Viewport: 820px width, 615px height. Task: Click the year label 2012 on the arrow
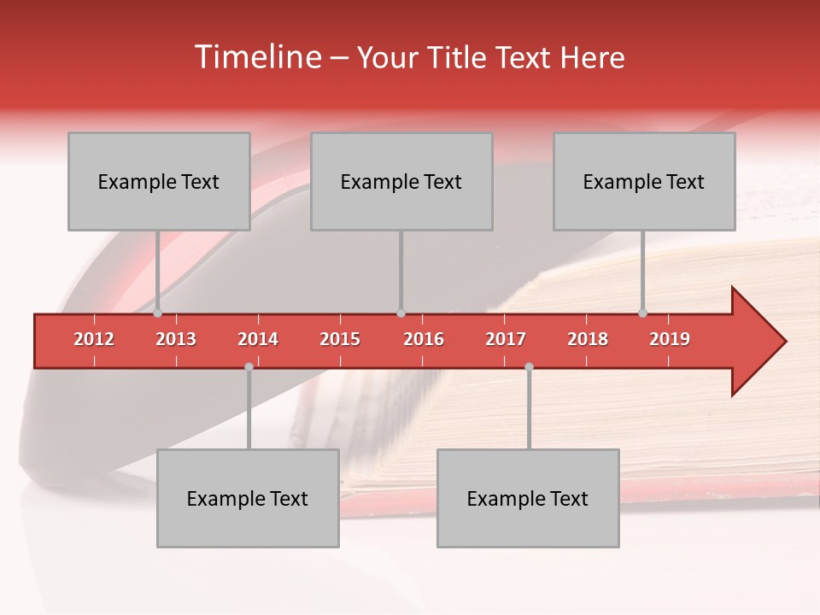[94, 339]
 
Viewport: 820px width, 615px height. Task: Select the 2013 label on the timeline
[176, 339]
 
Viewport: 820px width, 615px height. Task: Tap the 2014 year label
[258, 339]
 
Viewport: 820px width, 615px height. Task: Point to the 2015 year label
[340, 339]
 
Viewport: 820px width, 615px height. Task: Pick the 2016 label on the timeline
[424, 339]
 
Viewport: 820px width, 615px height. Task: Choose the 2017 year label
[506, 339]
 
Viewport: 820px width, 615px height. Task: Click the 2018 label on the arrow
[588, 339]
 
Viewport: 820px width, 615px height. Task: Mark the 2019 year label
[670, 339]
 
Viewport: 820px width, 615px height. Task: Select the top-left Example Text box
[159, 181]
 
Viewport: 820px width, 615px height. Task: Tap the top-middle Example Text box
[401, 181]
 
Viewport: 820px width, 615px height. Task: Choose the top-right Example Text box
[644, 181]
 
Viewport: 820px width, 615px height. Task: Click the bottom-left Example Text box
[248, 498]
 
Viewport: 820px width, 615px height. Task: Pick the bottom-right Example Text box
[528, 498]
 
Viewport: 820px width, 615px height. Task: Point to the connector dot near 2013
[157, 313]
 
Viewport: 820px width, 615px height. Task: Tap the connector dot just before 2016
[401, 313]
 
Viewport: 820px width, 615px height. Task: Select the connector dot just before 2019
[642, 313]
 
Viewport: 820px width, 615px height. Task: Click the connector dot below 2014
[249, 366]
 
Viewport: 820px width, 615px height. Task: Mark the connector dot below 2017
[529, 366]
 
